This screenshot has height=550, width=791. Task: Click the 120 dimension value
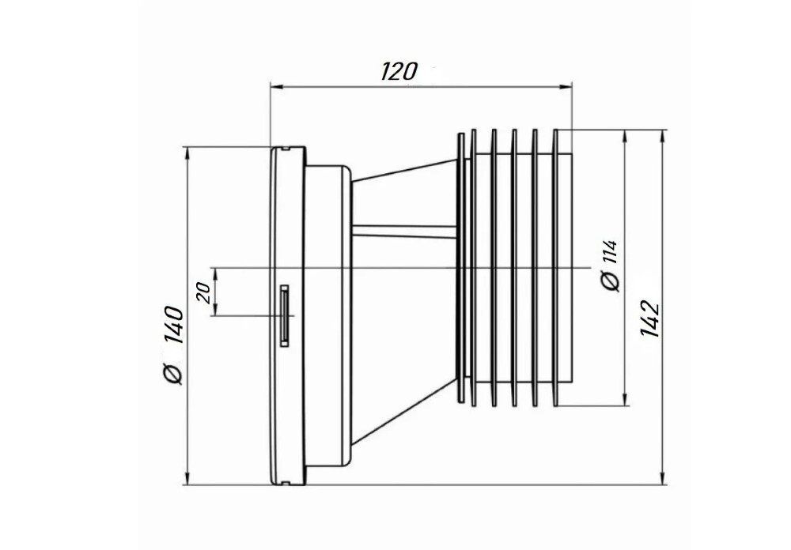(x=399, y=72)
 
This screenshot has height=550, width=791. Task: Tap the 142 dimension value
(x=649, y=319)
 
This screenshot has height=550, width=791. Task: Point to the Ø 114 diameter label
(x=611, y=266)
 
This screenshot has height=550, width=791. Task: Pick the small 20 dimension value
(x=204, y=292)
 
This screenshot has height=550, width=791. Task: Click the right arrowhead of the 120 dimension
(x=566, y=87)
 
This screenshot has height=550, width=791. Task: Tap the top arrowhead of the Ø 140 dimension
(x=187, y=154)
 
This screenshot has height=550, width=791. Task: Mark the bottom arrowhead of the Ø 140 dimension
(x=187, y=478)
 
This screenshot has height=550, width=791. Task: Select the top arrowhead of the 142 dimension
(x=663, y=137)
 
